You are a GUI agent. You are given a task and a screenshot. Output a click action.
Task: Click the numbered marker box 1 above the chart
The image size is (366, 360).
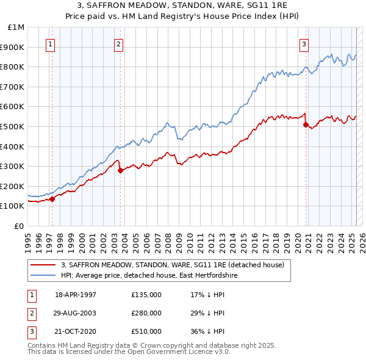49,43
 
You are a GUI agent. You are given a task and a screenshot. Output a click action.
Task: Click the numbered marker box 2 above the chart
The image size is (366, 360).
118,43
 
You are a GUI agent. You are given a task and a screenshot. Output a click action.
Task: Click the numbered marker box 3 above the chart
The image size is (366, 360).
304,43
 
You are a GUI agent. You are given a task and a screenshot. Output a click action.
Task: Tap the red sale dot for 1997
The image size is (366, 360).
52,198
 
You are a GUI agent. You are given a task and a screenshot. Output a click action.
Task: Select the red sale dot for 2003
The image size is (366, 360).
120,170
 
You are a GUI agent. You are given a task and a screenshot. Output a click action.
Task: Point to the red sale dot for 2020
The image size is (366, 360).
306,124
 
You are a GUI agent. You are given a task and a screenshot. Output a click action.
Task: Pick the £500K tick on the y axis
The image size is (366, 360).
13,126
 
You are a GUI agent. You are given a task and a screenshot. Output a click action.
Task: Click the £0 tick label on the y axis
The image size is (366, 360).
20,226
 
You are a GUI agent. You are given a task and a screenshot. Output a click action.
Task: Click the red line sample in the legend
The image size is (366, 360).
44,265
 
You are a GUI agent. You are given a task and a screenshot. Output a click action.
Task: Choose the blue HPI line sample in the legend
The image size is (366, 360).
44,276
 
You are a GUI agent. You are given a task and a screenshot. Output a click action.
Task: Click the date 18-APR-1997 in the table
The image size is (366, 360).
76,295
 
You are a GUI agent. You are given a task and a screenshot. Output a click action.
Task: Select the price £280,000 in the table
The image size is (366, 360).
146,313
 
